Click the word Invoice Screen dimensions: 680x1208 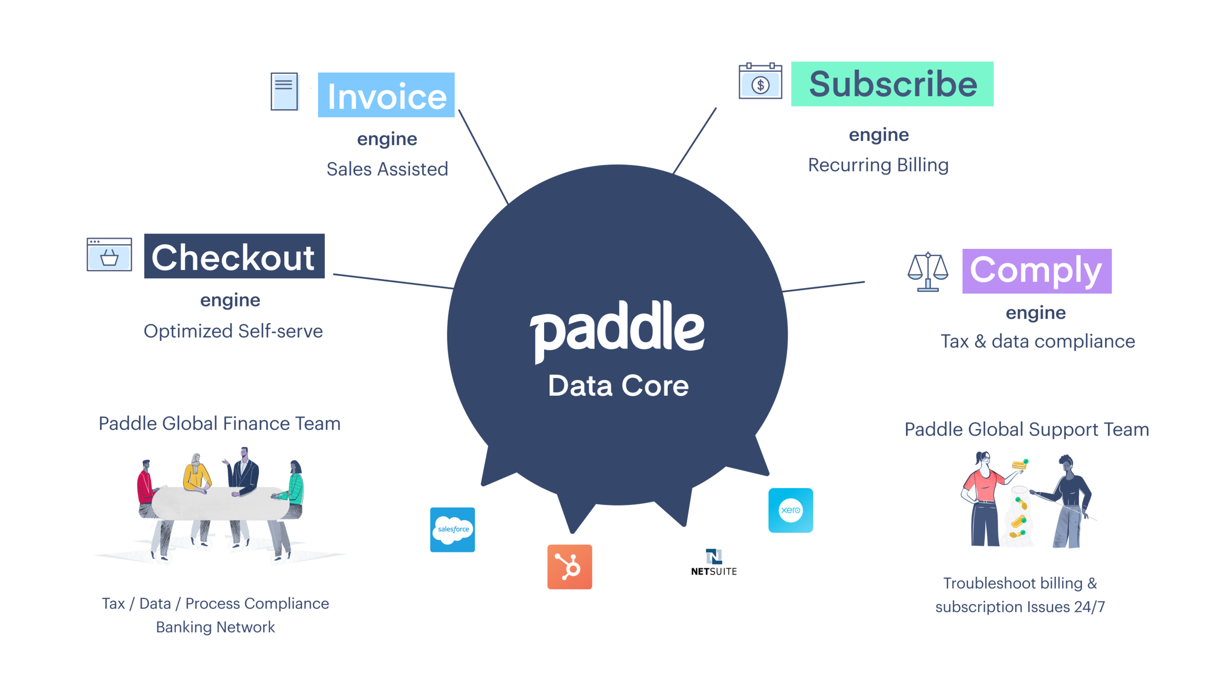[387, 97]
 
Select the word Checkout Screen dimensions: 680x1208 [233, 258]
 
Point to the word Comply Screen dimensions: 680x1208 [1035, 270]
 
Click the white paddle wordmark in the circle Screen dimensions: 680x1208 [617, 331]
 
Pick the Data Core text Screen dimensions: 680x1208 [618, 386]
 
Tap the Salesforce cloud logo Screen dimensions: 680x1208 [453, 530]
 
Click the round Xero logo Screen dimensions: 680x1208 [791, 510]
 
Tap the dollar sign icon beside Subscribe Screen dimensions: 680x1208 [761, 86]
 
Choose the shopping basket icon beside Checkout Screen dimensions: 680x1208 [109, 257]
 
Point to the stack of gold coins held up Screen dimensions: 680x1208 [1019, 465]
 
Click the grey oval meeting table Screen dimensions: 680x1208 [220, 503]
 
